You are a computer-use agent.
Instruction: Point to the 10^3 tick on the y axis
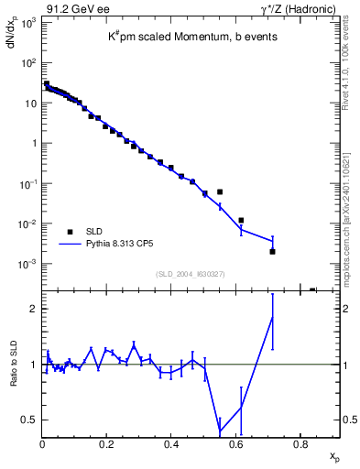pos(27,23)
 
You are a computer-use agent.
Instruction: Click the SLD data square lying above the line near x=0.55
pos(220,191)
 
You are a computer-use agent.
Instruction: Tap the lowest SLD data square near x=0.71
pos(272,251)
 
